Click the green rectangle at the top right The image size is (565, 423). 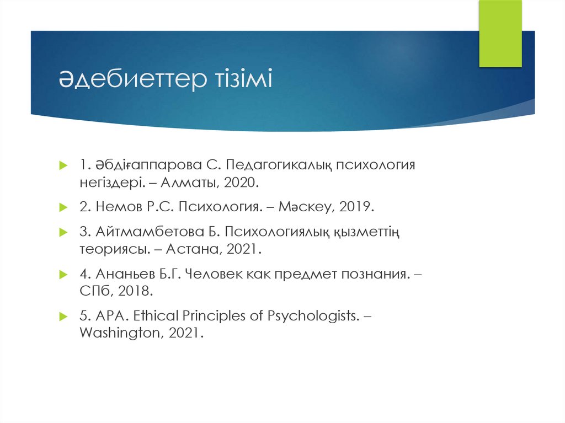coord(500,34)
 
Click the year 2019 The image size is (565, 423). coord(356,207)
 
